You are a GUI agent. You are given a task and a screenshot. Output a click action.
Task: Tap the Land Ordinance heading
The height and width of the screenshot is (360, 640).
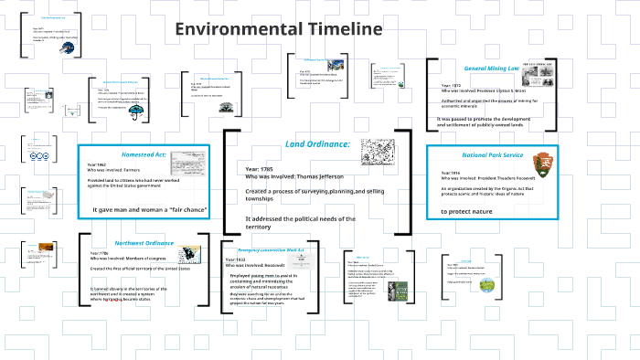pos(317,144)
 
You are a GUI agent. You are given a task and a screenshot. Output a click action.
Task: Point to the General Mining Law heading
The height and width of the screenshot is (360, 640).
pos(498,69)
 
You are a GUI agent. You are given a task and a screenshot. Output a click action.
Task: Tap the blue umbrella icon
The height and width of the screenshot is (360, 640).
pos(137,112)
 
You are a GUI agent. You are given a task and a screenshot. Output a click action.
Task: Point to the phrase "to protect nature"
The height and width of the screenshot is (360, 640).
pos(471,211)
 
